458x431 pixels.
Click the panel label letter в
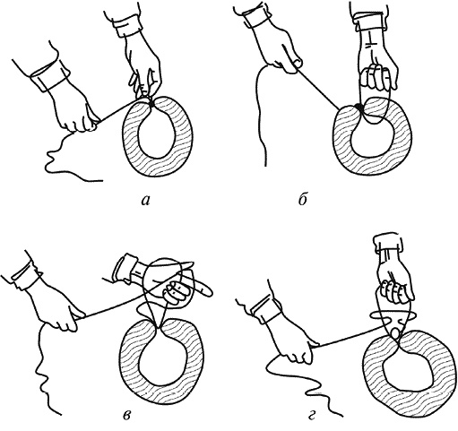point(127,416)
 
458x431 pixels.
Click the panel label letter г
point(312,416)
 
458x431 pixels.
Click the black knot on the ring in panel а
point(151,103)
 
